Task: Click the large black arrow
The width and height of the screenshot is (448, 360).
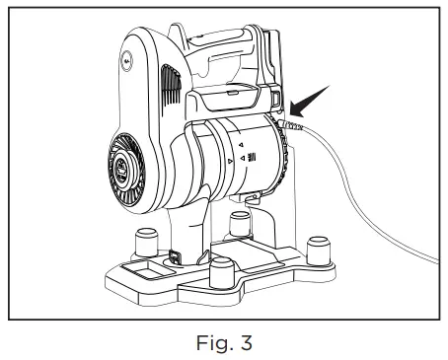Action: click(x=312, y=105)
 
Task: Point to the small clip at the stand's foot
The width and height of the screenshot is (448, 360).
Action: click(x=174, y=257)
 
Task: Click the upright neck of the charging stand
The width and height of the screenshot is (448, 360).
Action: click(x=193, y=222)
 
